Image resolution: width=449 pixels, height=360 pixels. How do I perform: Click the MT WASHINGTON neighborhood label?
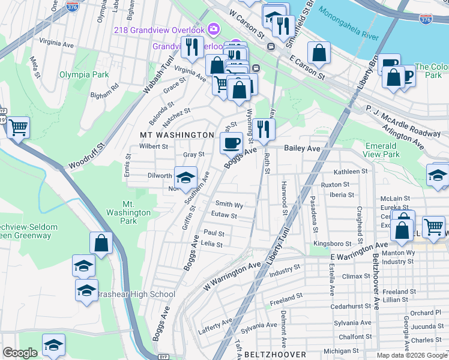tap(176, 135)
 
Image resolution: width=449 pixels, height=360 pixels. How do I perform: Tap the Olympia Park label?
tap(83, 75)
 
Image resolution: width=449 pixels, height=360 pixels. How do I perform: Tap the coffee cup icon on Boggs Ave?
tap(231, 143)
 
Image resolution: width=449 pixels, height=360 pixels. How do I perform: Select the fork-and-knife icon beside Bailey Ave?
tap(263, 128)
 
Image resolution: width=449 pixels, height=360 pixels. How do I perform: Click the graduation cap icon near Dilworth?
tap(185, 177)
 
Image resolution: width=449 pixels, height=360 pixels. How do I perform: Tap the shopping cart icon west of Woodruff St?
tap(18, 127)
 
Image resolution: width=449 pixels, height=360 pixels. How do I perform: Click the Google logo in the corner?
tap(20, 353)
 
